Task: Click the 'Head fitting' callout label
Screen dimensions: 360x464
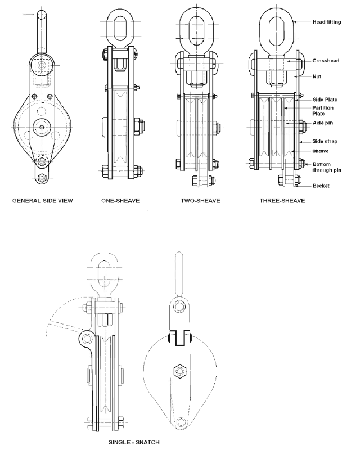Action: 327,22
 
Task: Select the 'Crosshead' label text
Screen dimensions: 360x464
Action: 326,61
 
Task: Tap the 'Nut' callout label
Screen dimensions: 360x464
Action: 317,76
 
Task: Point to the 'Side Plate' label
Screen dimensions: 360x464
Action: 325,100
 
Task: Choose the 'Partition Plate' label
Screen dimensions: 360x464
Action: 323,111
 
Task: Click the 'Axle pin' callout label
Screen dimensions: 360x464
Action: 323,123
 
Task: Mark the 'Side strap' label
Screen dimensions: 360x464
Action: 325,141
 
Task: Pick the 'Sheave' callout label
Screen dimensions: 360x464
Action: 320,151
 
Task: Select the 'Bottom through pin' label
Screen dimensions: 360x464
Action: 327,167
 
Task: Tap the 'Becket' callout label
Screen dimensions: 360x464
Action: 321,186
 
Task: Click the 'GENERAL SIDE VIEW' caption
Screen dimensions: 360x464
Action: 43,201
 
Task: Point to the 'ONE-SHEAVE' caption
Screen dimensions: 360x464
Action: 120,201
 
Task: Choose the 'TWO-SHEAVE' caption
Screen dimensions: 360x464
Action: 201,201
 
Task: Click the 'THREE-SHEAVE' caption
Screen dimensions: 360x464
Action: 282,201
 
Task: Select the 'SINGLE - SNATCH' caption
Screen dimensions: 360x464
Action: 134,442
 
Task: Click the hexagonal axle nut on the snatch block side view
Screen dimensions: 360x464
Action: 180,371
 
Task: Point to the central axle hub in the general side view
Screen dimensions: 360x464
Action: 42,127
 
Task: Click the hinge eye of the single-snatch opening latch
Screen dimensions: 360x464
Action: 87,338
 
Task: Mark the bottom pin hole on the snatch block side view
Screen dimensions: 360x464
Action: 181,422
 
